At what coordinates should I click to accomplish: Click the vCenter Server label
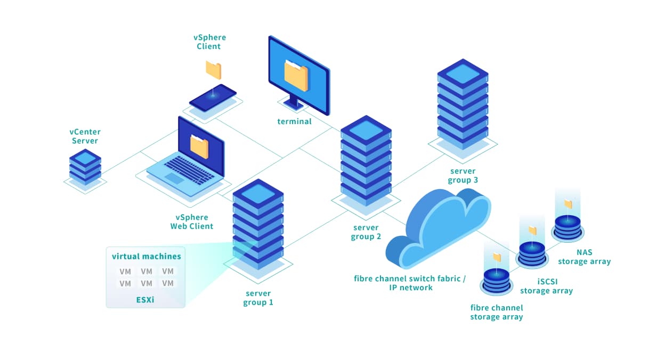[x=85, y=136]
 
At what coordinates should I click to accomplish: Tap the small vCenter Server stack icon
[x=85, y=167]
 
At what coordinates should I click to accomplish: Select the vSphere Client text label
[x=209, y=42]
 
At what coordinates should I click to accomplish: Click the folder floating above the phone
[x=213, y=70]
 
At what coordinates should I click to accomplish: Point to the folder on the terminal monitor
[x=296, y=75]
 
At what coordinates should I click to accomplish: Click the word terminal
[x=294, y=121]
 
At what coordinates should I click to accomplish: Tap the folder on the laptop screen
[x=199, y=145]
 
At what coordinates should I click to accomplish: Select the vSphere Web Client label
[x=192, y=222]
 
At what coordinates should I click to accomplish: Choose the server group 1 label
[x=258, y=298]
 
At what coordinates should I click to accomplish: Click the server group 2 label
[x=366, y=232]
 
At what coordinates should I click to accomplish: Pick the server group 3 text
[x=463, y=175]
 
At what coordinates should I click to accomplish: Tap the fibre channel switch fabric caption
[x=410, y=283]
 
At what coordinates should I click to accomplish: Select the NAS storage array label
[x=584, y=257]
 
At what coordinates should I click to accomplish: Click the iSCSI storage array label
[x=546, y=286]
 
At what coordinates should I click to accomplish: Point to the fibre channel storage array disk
[x=497, y=281]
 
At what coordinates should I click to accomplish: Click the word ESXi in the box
[x=145, y=299]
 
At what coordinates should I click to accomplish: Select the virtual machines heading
[x=146, y=256]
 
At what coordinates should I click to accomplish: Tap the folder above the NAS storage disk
[x=568, y=204]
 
